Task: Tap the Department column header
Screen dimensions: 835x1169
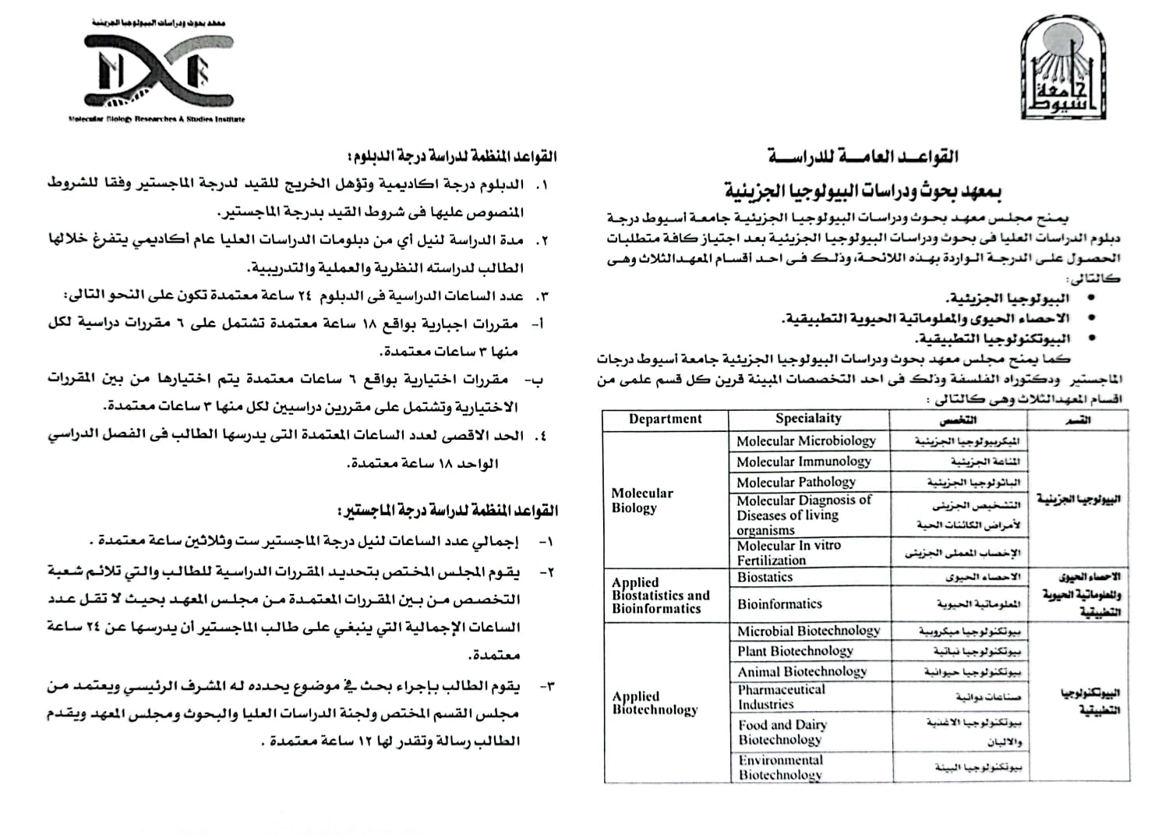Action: click(665, 419)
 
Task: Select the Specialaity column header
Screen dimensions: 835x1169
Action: click(808, 419)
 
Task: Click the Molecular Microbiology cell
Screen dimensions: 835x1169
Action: click(806, 441)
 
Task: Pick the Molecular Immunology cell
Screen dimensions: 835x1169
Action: click(803, 462)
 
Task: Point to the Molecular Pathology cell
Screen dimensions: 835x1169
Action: click(796, 483)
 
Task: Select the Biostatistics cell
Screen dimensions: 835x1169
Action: click(765, 578)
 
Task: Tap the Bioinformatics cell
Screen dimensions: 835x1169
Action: click(779, 604)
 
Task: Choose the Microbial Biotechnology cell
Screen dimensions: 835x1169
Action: click(809, 631)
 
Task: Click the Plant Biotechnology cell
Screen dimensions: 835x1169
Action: click(795, 651)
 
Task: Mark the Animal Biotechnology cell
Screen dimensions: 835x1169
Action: click(802, 671)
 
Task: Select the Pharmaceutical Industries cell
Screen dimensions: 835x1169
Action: click(781, 697)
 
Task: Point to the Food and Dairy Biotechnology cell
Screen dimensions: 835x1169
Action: click(782, 732)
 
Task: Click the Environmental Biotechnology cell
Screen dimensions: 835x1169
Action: click(780, 767)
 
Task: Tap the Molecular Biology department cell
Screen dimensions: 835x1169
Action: click(641, 501)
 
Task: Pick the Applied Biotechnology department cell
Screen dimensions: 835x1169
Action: click(655, 703)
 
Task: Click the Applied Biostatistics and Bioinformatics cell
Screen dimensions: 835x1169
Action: click(660, 596)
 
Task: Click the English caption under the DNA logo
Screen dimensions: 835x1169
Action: click(157, 119)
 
